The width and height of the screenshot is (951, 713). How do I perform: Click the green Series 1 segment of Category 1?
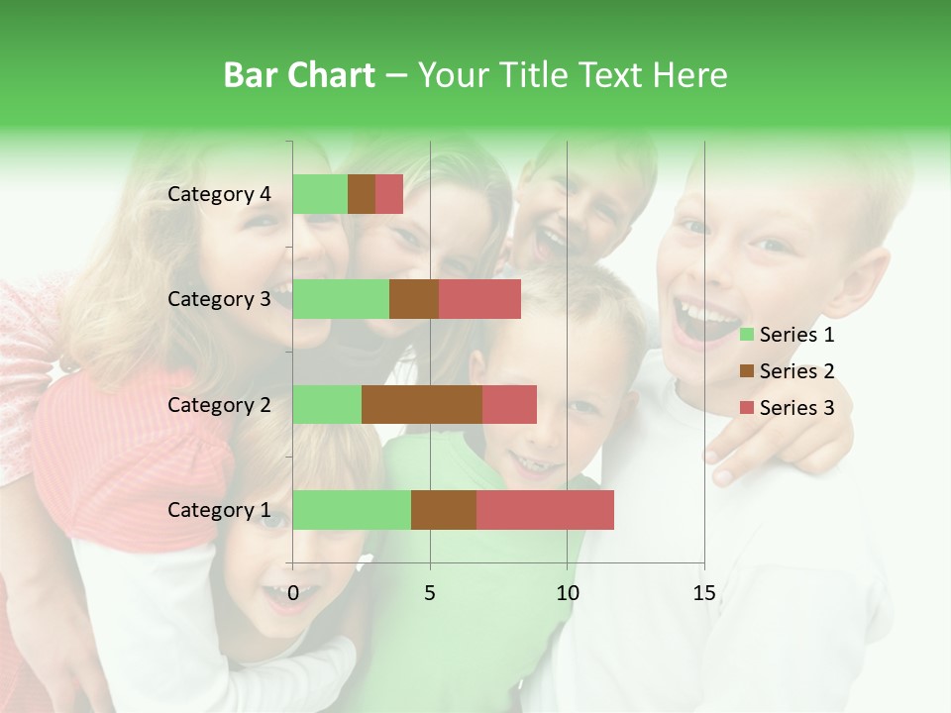(352, 510)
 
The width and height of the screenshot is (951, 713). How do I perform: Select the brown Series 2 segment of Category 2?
(422, 404)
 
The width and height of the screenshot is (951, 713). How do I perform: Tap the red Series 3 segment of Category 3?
(479, 299)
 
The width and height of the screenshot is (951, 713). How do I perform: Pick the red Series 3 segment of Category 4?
(389, 194)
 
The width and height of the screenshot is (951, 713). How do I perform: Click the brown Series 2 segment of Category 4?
(362, 194)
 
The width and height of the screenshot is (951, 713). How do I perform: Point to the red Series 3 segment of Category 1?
(545, 510)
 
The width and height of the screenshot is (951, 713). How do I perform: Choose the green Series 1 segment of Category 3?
(341, 299)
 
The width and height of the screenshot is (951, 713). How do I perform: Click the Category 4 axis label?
(219, 194)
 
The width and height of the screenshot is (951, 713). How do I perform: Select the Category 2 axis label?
(219, 404)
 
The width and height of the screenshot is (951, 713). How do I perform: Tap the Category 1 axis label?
(219, 510)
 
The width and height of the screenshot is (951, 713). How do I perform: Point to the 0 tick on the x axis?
(293, 593)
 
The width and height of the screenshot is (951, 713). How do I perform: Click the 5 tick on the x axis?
(430, 593)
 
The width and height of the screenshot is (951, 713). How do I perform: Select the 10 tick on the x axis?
(567, 593)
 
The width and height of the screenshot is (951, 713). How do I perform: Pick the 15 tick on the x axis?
(703, 593)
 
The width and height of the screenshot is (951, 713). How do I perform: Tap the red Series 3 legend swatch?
(747, 408)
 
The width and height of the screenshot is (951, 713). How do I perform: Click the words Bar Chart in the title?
(299, 74)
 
